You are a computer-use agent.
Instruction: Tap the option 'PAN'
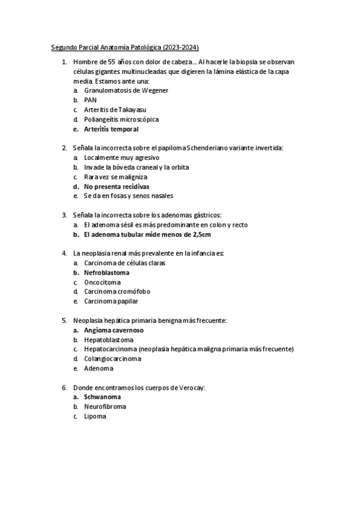click(90, 100)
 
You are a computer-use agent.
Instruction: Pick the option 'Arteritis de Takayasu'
click(115, 109)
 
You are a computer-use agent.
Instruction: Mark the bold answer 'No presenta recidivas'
click(118, 186)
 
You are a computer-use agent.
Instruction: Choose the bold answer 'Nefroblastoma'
click(106, 272)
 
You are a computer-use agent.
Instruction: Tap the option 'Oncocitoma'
click(102, 282)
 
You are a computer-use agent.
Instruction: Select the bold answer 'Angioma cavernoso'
click(114, 330)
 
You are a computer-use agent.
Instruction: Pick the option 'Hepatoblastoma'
click(109, 340)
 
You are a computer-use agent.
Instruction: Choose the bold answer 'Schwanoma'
click(102, 397)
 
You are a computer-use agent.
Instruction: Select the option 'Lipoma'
click(95, 416)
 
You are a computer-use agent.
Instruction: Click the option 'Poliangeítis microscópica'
click(121, 119)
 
